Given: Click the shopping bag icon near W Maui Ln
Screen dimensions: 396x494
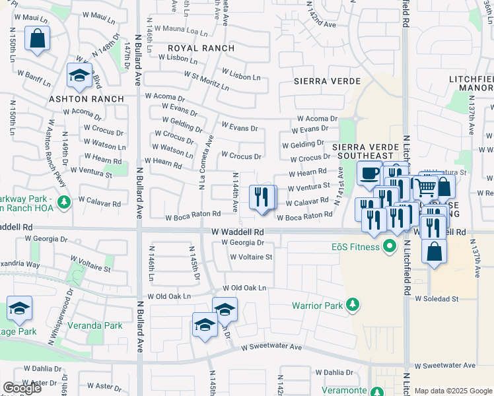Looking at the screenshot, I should pos(38,38).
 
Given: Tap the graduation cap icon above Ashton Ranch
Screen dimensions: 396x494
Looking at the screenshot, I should pos(79,76).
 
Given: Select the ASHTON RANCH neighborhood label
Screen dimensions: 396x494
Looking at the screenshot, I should pos(86,99).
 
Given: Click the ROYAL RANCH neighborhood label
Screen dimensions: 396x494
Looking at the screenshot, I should pos(201,49).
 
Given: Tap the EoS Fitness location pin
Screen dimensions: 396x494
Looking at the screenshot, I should pos(390,247).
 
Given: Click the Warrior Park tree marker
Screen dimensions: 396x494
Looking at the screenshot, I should pos(354,304).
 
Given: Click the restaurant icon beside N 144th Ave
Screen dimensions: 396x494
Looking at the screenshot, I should pos(262,196).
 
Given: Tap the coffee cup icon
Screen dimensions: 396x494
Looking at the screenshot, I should pos(369,174).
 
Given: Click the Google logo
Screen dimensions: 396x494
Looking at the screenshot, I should pos(22,388).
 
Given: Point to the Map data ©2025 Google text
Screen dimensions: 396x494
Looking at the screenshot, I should pos(453,391).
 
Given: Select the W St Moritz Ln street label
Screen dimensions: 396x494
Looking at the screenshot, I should pos(206,81).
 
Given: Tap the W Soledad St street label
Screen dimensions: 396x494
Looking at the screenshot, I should pos(437,299).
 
